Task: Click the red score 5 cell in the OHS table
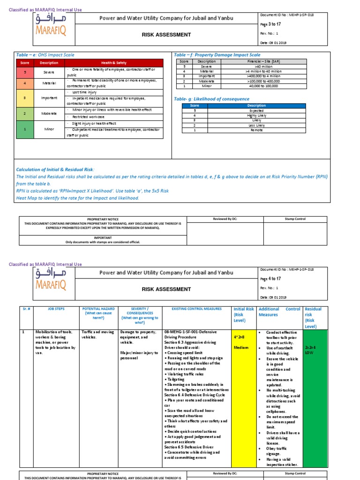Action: pos(25,72)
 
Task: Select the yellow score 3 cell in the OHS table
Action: pos(25,98)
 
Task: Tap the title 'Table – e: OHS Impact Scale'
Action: pos(45,55)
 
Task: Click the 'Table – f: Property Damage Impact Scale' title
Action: pos(217,55)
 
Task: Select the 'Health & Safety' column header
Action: pos(114,62)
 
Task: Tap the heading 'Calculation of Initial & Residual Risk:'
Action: pos(55,169)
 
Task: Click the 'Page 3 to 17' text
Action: pos(270,24)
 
